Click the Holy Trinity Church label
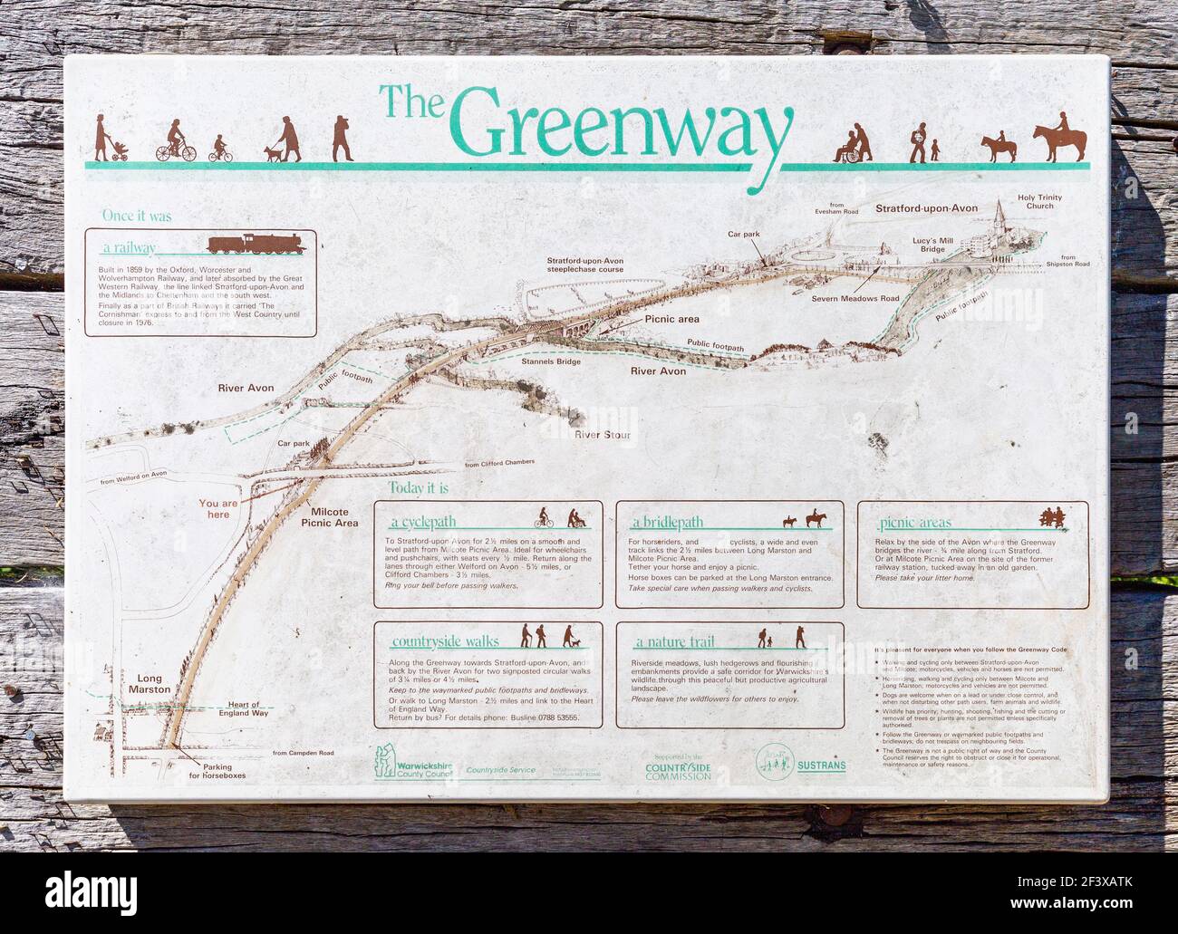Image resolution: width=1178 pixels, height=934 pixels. tap(1039, 201)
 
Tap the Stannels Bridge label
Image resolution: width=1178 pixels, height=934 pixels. tap(550, 361)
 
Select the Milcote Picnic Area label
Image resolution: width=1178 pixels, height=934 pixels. tap(331, 517)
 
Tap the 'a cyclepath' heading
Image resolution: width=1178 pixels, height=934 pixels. tap(423, 523)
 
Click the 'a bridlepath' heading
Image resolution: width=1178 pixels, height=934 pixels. tap(668, 523)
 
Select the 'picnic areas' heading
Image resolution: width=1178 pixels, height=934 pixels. tap(911, 523)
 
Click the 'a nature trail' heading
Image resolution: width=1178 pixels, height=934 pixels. tap(674, 642)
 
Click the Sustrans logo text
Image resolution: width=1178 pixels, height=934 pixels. tap(822, 765)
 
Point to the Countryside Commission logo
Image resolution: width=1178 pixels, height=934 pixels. tap(678, 768)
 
